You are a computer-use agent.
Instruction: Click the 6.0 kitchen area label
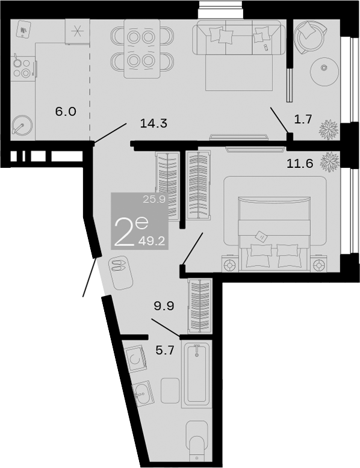(66, 111)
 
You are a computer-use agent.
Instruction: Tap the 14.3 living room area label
(153, 124)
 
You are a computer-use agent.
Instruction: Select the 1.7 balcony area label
(302, 119)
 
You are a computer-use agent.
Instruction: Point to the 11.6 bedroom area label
(300, 163)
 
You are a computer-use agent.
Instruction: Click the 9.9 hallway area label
(163, 306)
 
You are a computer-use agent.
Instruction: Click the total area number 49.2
(153, 241)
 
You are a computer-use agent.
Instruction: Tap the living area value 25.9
(154, 200)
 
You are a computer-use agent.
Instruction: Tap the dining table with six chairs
(142, 49)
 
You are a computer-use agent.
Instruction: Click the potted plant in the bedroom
(329, 161)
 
